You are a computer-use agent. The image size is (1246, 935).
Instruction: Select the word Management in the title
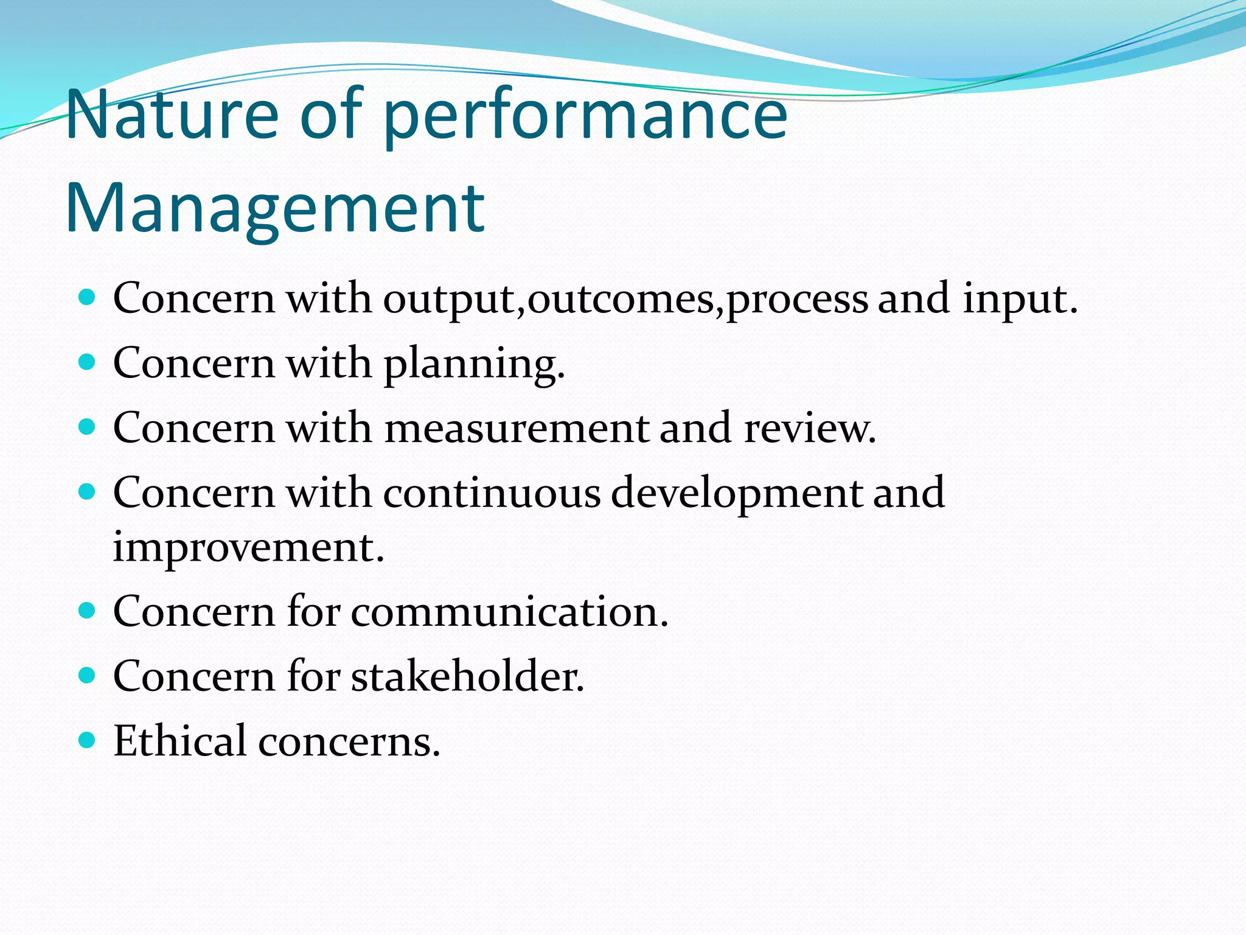pyautogui.click(x=275, y=209)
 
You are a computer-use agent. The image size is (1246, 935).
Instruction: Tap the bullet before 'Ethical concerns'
pyautogui.click(x=88, y=740)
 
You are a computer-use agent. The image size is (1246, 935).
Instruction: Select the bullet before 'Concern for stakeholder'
pyautogui.click(x=88, y=675)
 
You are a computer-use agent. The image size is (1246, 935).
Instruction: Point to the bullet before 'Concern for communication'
pyautogui.click(x=88, y=611)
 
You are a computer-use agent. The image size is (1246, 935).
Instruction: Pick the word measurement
pyautogui.click(x=517, y=427)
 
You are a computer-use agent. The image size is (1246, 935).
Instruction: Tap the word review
pyautogui.click(x=809, y=427)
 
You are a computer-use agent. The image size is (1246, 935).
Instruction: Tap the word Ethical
pyautogui.click(x=179, y=741)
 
